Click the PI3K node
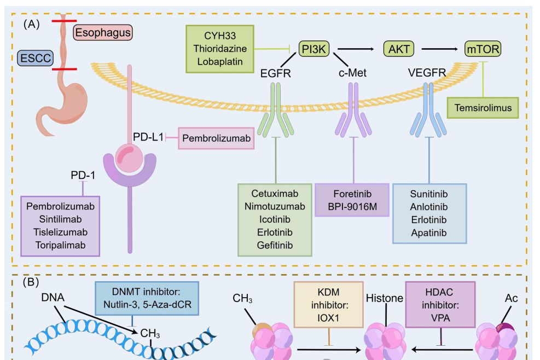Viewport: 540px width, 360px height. [x=313, y=49]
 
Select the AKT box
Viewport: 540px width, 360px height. [x=399, y=49]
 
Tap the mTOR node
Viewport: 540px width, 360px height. [x=483, y=49]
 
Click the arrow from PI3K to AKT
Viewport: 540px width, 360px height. [x=356, y=49]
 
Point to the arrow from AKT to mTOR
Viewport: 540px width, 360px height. [x=440, y=49]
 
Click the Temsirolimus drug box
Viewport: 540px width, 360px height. [x=483, y=108]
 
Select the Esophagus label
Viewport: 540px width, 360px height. [x=103, y=32]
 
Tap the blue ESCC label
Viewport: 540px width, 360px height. [x=36, y=58]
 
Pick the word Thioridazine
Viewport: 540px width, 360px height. [x=220, y=49]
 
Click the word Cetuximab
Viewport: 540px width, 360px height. [x=275, y=194]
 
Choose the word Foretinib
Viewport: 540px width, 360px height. [x=352, y=194]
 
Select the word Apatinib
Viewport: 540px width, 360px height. [x=429, y=233]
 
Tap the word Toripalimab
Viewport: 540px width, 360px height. [x=61, y=245]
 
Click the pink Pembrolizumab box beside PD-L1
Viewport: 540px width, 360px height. [x=216, y=138]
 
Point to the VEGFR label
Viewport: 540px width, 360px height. [x=427, y=73]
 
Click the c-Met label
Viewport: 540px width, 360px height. [x=352, y=73]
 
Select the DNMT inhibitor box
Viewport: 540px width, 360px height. [x=147, y=298]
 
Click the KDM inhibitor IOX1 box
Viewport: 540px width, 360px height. [x=329, y=305]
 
